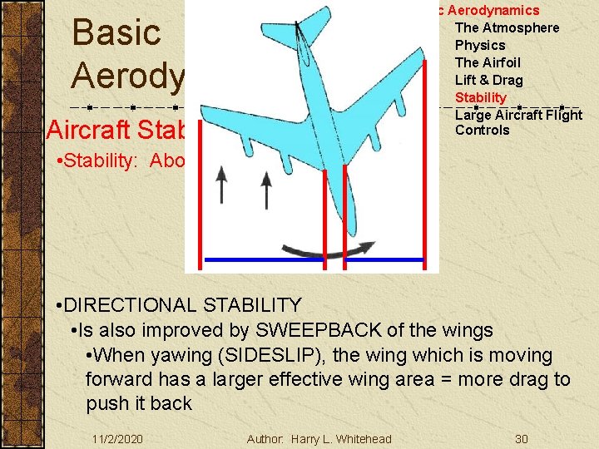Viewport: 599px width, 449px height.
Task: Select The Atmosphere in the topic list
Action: (507, 28)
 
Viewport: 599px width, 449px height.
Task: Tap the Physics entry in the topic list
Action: (480, 45)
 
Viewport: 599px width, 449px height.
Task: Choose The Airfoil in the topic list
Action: (488, 62)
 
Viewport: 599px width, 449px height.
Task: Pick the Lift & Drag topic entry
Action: (488, 80)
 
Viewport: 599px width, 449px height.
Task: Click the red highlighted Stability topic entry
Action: (480, 97)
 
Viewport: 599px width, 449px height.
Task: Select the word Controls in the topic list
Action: (482, 130)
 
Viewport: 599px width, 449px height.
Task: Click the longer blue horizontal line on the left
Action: (264, 260)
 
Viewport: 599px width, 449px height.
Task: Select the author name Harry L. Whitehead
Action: (341, 438)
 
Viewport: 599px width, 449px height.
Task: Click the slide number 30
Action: (522, 438)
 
